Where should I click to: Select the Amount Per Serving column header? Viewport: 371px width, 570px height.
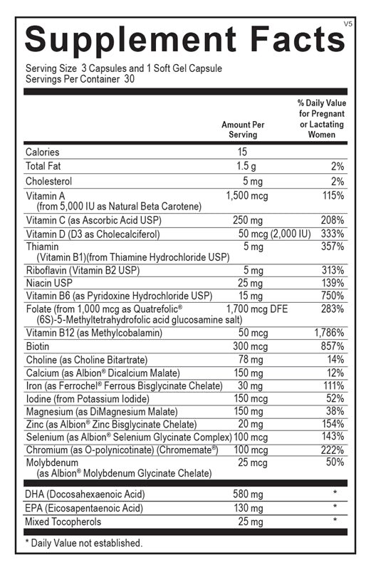(x=243, y=129)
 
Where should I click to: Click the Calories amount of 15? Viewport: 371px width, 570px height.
(x=243, y=152)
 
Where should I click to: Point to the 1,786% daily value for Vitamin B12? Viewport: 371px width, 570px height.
(x=329, y=332)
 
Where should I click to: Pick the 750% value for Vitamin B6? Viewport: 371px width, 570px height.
(x=333, y=296)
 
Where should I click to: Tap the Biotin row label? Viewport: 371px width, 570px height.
(x=39, y=346)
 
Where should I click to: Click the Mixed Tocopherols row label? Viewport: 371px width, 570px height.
(x=63, y=522)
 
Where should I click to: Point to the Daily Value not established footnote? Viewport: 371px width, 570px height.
(x=83, y=543)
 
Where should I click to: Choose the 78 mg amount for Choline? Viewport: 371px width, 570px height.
(x=246, y=359)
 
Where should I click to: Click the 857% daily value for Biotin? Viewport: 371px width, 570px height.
(x=333, y=346)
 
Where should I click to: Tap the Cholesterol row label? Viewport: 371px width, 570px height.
(x=48, y=181)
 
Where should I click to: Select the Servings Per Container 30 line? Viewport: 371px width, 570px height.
(x=80, y=78)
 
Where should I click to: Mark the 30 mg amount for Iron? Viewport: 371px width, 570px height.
(x=246, y=386)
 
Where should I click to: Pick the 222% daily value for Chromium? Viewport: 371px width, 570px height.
(x=333, y=450)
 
